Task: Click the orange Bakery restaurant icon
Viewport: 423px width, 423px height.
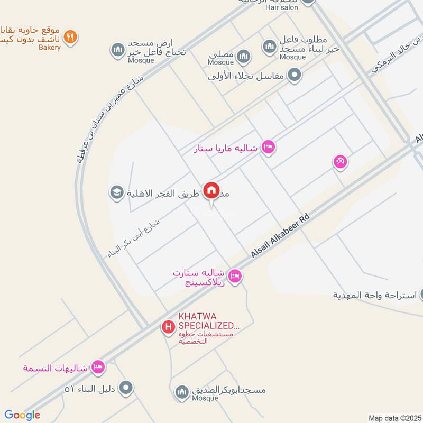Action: (x=70, y=36)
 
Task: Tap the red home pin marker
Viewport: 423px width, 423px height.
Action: (x=212, y=190)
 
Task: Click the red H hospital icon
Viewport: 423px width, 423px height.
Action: (x=168, y=328)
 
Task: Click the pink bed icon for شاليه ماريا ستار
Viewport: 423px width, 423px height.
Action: (x=268, y=148)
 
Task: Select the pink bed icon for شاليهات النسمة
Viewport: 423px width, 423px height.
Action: (x=97, y=366)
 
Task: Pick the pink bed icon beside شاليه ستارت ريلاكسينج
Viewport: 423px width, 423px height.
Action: (x=236, y=275)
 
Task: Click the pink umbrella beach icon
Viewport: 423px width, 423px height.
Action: (x=340, y=162)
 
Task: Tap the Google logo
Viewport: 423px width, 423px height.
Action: (x=22, y=415)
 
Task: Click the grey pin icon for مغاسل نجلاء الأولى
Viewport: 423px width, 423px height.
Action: (x=295, y=75)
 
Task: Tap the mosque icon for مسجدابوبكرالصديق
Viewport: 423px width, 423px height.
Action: (x=181, y=391)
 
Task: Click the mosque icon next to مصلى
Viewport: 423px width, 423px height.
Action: (x=243, y=56)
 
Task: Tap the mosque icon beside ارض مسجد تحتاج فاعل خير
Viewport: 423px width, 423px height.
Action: (x=117, y=50)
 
